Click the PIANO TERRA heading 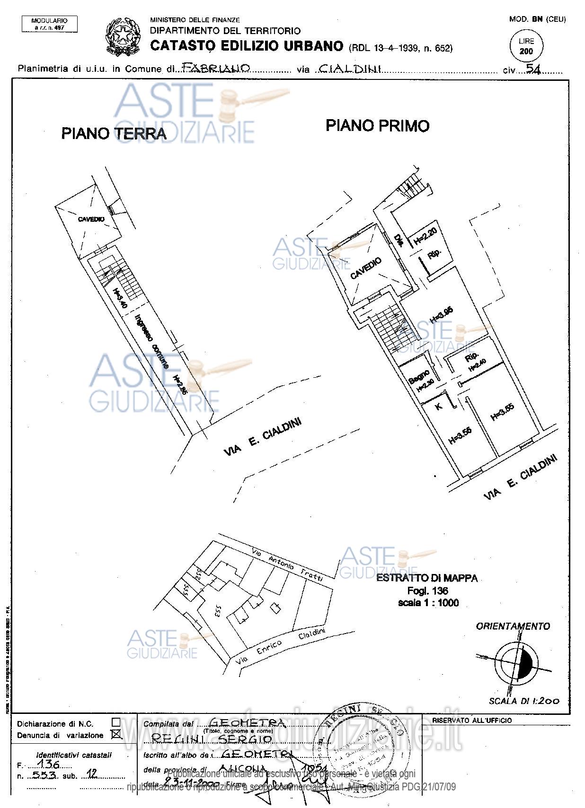click(x=114, y=133)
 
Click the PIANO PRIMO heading click(x=377, y=126)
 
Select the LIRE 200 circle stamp click(x=526, y=47)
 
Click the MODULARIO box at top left click(x=49, y=24)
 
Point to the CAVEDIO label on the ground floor click(x=91, y=219)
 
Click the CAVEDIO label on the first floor click(x=365, y=269)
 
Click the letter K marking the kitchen click(x=439, y=406)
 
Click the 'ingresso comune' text click(x=152, y=341)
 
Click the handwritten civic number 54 click(x=533, y=69)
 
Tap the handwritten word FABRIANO click(x=216, y=68)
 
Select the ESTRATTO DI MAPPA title click(x=426, y=578)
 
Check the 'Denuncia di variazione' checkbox click(x=115, y=735)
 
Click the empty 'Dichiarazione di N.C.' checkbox click(x=115, y=722)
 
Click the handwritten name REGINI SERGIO click(x=212, y=739)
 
